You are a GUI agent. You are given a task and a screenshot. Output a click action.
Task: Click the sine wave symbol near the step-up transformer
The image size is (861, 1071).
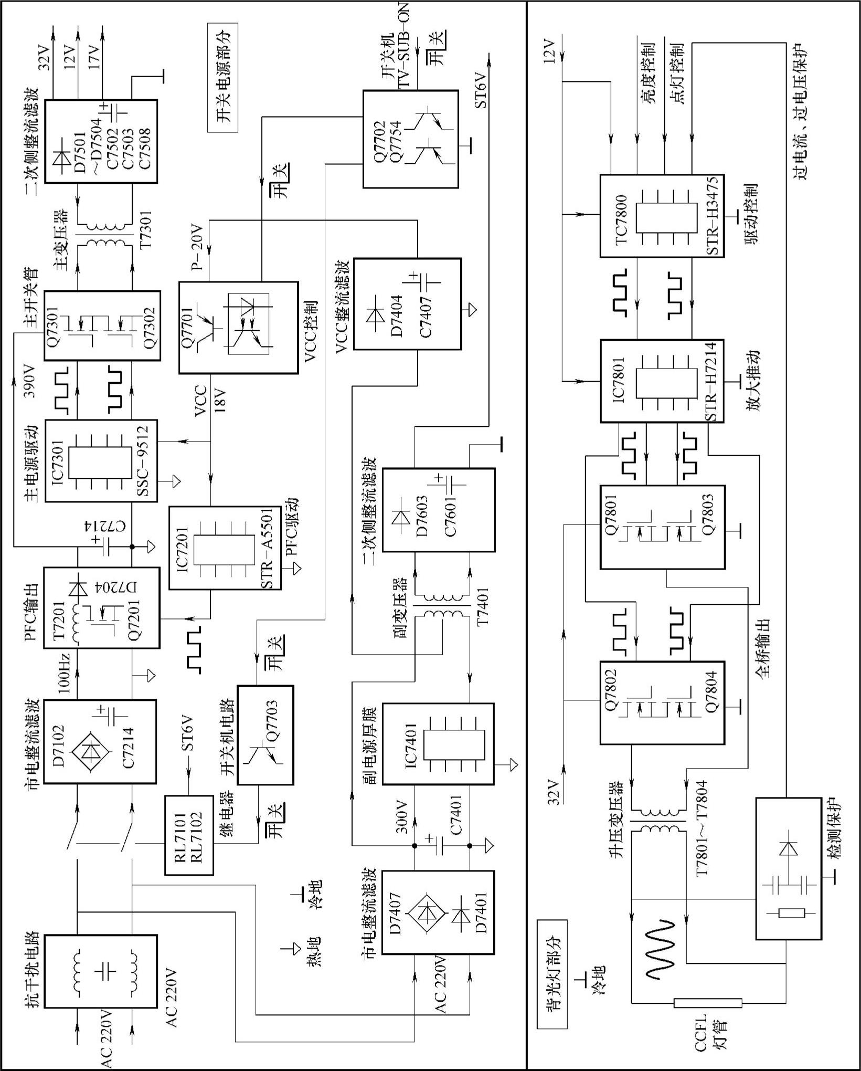pos(658,948)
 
